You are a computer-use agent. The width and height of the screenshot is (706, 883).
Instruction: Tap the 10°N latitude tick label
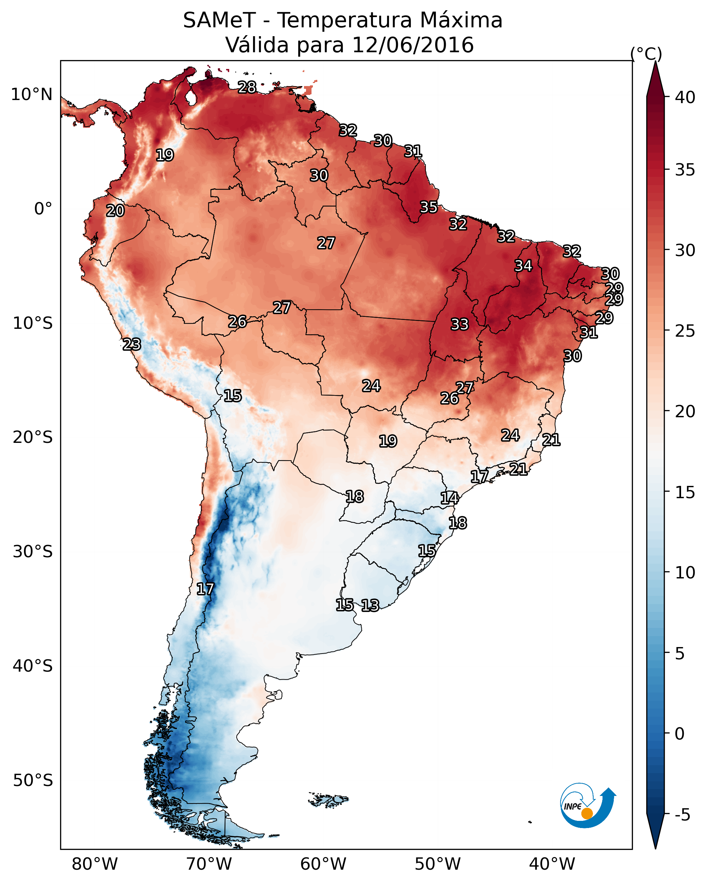[31, 95]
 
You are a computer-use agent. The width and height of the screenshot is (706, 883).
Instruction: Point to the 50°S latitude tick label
[33, 781]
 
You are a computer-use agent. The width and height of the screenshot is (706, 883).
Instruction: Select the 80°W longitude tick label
[95, 864]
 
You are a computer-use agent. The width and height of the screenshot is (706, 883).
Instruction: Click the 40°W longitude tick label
[552, 864]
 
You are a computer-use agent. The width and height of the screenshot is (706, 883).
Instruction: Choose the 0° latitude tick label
[43, 209]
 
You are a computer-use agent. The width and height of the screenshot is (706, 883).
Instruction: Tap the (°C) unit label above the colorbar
[646, 54]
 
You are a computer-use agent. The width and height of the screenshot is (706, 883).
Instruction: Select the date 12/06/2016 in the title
[413, 45]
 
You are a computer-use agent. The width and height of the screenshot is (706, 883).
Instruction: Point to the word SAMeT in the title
[219, 20]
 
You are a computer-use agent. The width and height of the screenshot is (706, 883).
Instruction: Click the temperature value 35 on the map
[429, 207]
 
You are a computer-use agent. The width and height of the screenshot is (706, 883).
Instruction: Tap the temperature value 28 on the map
[247, 87]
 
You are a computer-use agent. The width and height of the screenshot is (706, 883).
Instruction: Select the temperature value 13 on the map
[370, 605]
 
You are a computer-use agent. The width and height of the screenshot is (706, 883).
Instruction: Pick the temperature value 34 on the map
[523, 266]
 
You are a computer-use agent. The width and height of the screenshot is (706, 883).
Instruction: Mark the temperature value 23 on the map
[132, 345]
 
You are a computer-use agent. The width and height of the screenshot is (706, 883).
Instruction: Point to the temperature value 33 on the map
[460, 324]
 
